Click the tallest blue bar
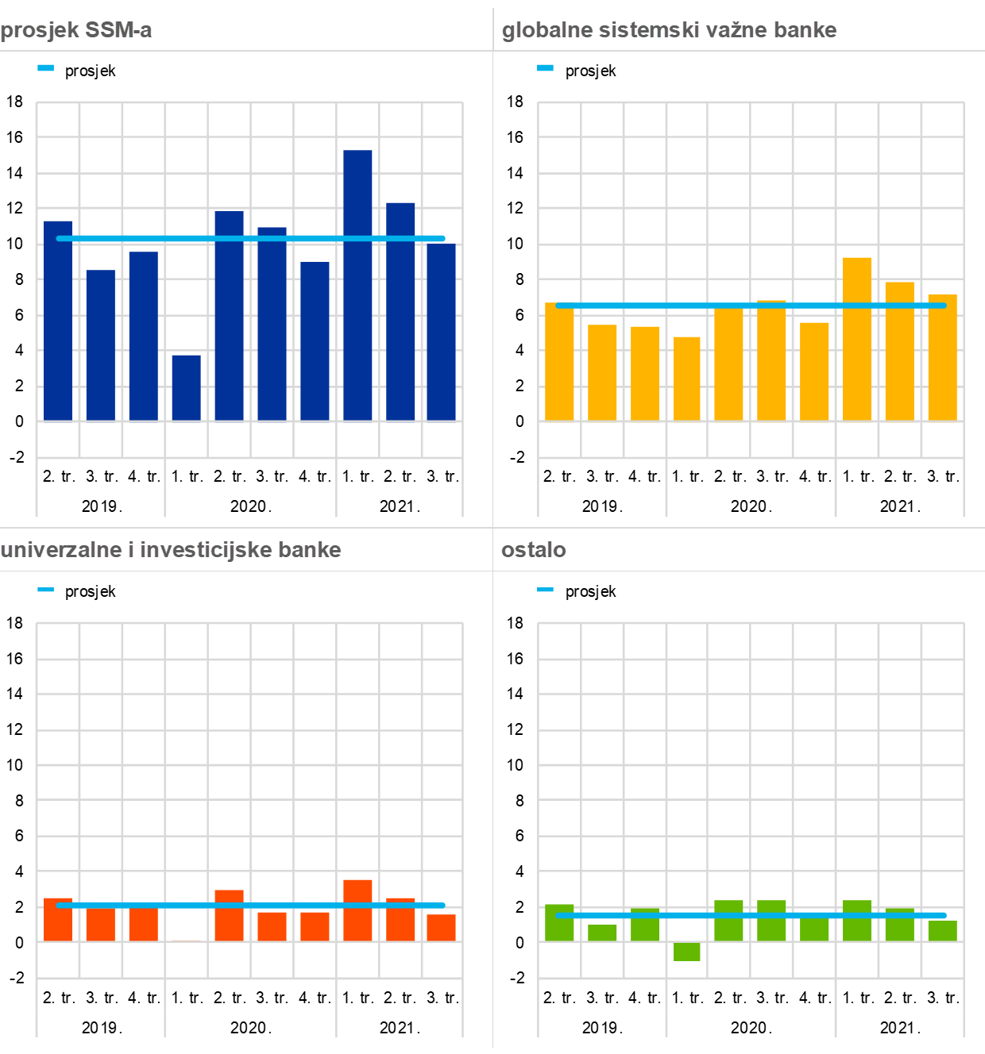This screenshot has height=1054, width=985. pyautogui.click(x=357, y=286)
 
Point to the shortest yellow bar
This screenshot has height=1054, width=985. pyautogui.click(x=687, y=379)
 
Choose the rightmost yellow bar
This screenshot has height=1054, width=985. pyautogui.click(x=942, y=357)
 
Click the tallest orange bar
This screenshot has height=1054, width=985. pyautogui.click(x=357, y=910)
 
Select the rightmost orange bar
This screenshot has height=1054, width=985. pyautogui.click(x=441, y=928)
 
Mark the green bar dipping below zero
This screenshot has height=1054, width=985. pyautogui.click(x=687, y=952)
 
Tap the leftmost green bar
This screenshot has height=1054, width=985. pyautogui.click(x=559, y=922)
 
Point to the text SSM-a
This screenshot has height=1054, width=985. pyautogui.click(x=118, y=30)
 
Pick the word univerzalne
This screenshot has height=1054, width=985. pyautogui.click(x=61, y=550)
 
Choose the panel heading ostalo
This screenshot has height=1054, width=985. pyautogui.click(x=534, y=550)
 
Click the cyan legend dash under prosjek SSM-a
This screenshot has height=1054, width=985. pyautogui.click(x=46, y=68)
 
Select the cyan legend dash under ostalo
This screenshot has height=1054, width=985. pyautogui.click(x=545, y=590)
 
